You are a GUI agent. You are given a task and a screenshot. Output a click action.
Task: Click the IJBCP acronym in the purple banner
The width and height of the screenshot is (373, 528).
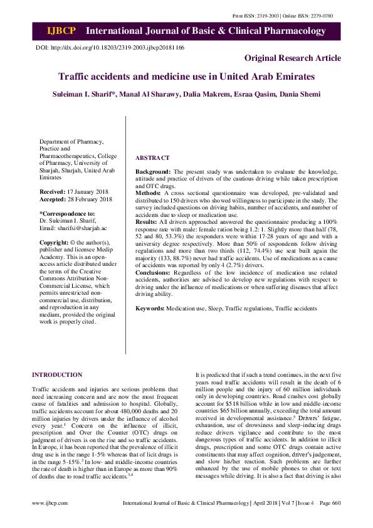(61, 31)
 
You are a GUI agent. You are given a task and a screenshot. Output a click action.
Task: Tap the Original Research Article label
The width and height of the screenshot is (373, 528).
(293, 58)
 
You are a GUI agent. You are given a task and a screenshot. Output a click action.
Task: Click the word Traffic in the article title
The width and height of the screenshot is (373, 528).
(76, 77)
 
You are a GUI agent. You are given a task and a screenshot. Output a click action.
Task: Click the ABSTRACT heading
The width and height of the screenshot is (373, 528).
(152, 158)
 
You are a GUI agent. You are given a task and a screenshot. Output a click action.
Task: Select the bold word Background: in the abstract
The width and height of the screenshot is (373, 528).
(154, 171)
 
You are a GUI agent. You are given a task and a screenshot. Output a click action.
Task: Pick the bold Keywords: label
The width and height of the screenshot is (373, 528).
(150, 309)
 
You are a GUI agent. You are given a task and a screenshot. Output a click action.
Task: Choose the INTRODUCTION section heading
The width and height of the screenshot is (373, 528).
(57, 376)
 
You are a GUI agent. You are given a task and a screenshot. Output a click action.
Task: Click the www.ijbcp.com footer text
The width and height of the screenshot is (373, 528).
(46, 520)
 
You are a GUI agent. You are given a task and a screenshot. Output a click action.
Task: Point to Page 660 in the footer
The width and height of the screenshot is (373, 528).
(330, 520)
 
